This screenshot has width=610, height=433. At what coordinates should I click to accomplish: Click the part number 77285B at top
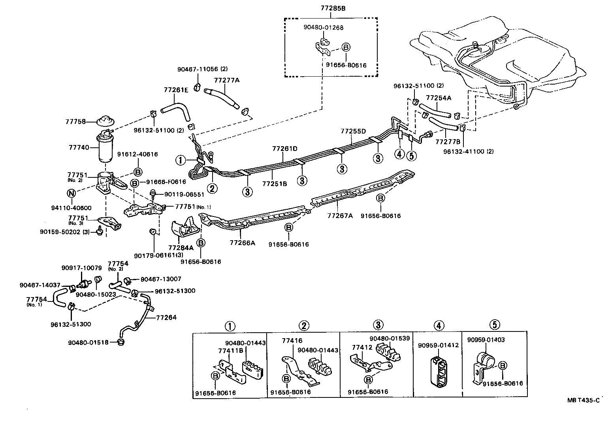coord(331,8)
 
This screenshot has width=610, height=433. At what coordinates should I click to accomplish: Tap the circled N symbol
coord(71,193)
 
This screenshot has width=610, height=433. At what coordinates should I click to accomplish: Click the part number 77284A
coord(181,248)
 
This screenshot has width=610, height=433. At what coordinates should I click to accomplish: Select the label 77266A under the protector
coord(242,243)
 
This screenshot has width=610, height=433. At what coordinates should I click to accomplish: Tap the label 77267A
coord(339,216)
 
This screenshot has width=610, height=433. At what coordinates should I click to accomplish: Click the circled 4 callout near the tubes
coord(399,154)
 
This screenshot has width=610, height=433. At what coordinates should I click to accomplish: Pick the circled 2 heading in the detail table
coord(303,326)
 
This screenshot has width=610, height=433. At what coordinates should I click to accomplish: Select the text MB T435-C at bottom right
coord(583,400)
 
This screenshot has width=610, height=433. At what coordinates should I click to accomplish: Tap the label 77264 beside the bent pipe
coord(166,317)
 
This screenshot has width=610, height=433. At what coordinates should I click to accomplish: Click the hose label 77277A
coord(227,80)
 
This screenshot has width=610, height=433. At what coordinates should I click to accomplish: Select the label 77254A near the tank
coord(439,98)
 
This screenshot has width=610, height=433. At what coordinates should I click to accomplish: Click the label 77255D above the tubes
coord(353,131)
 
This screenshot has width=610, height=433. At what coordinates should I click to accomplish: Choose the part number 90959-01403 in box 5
coord(486,340)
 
